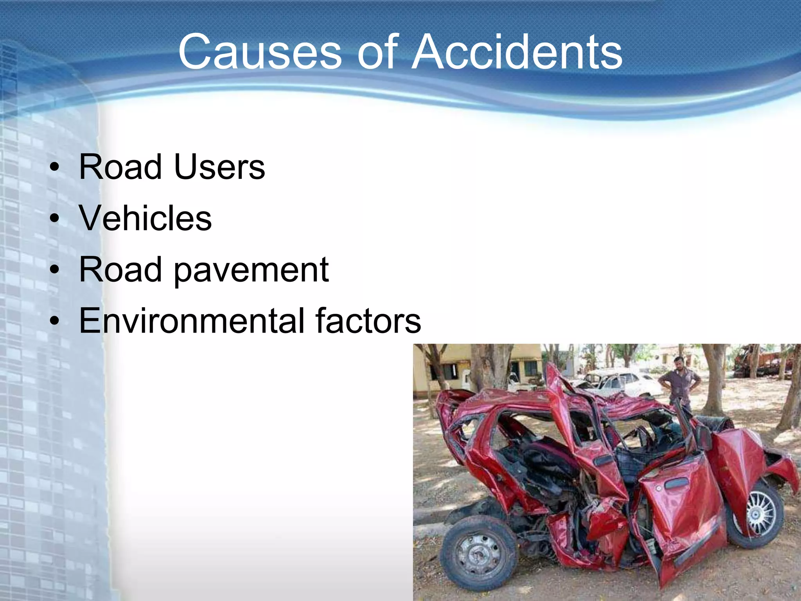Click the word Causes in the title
260,52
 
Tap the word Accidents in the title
517,52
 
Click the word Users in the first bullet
219,167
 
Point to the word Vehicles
145,218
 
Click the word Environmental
191,321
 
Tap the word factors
368,321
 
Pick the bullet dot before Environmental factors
55,321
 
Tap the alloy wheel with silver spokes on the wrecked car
760,513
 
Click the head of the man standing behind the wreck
679,363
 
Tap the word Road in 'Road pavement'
120,270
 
